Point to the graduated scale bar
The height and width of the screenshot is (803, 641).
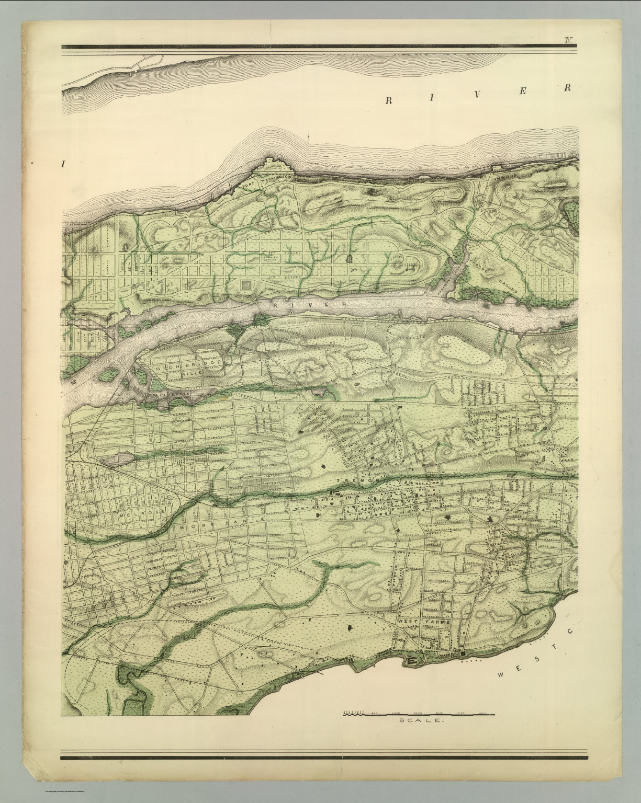418,713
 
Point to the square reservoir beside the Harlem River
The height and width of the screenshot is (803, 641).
245,285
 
